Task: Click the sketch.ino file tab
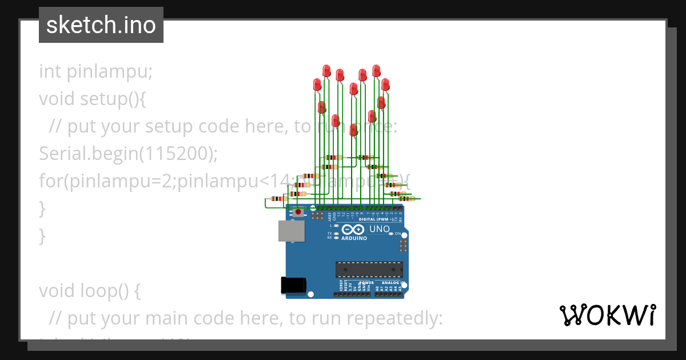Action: (101, 25)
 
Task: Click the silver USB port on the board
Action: (292, 231)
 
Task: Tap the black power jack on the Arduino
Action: (293, 285)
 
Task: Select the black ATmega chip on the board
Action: (369, 269)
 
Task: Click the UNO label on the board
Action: (380, 229)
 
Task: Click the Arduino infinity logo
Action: (354, 229)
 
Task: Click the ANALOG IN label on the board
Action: (393, 283)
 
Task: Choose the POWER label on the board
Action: (366, 283)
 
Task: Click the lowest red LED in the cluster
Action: (354, 130)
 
